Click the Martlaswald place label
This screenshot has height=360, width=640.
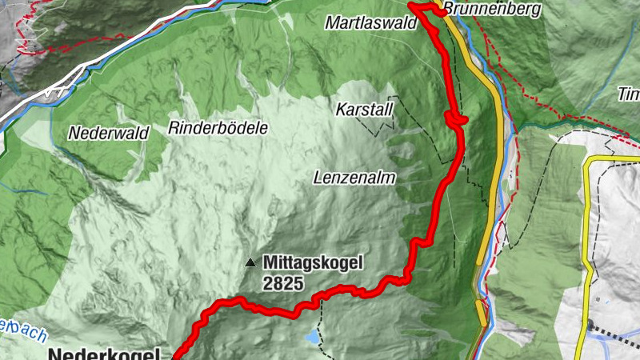(x=371, y=24)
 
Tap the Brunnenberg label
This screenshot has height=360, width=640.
(x=491, y=10)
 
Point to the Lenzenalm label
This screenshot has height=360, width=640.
(x=355, y=178)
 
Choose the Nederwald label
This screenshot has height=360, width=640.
(x=109, y=134)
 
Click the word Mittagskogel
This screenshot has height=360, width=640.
(x=313, y=262)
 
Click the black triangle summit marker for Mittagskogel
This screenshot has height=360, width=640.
(x=251, y=262)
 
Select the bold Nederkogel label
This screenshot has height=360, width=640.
(x=105, y=353)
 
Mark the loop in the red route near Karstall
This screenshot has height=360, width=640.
(x=456, y=119)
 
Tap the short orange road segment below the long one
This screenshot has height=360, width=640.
(x=480, y=311)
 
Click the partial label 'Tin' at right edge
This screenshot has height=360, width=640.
(x=628, y=94)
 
